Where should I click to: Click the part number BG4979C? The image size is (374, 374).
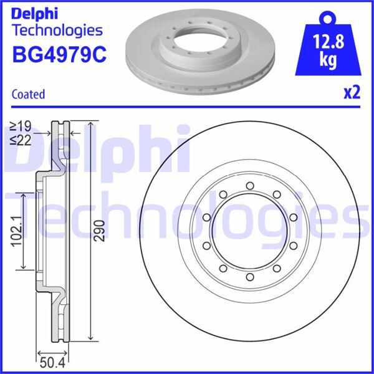pyautogui.click(x=59, y=54)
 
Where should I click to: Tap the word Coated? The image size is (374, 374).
pyautogui.click(x=29, y=95)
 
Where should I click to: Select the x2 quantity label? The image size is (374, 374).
pyautogui.click(x=351, y=93)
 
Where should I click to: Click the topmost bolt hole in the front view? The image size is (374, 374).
pyautogui.click(x=249, y=185)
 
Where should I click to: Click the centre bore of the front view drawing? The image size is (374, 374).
pyautogui.click(x=249, y=230)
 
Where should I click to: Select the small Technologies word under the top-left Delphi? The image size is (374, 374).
pyautogui.click(x=57, y=30)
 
